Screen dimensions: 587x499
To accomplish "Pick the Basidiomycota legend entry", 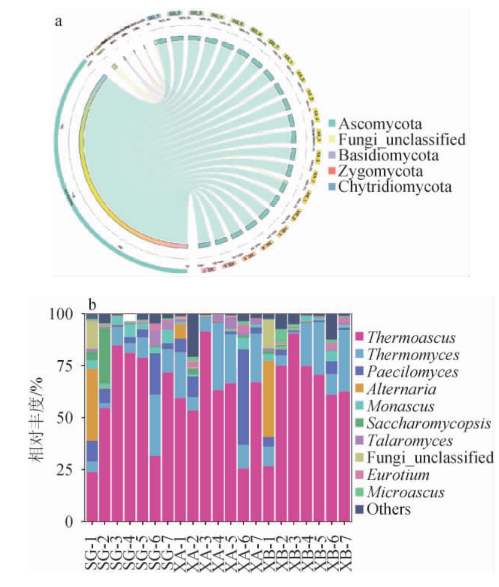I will pyautogui.click(x=389, y=156).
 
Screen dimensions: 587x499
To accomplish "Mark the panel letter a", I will pyautogui.click(x=59, y=23).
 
